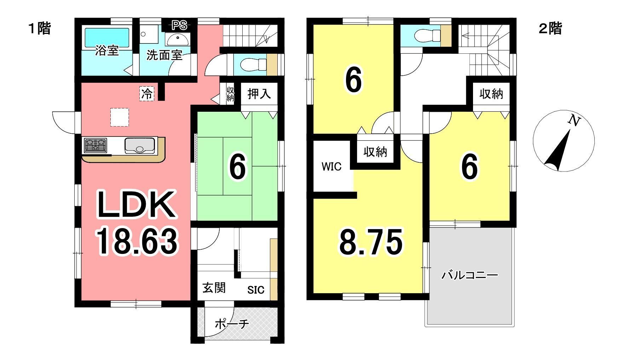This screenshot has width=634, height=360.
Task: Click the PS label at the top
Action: pos(179,25)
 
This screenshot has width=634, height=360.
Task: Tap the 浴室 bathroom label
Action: pos(106,51)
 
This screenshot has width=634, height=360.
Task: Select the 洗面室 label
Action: pos(164,55)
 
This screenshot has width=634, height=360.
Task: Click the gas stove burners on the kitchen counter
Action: pos(95,145)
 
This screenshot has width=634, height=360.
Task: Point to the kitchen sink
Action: pos(140,145)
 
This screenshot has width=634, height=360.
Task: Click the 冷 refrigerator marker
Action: pos(147,94)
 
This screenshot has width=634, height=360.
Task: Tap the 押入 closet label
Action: pos(259,94)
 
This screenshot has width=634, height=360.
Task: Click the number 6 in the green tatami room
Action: pos(237,167)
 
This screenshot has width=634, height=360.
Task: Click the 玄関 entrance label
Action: pos(214,288)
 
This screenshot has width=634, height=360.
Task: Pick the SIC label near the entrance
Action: pos(256,290)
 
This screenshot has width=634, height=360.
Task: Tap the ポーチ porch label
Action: pos(232,324)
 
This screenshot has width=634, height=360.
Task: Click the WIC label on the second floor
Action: pos(332,166)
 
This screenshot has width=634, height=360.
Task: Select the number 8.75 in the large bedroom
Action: pos(371,242)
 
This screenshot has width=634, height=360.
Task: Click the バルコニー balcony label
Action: pos(469,275)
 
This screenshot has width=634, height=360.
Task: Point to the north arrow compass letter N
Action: pos(574,121)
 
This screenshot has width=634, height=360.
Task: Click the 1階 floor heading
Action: pos(40,28)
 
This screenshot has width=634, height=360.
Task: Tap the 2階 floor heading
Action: pos(550,28)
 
